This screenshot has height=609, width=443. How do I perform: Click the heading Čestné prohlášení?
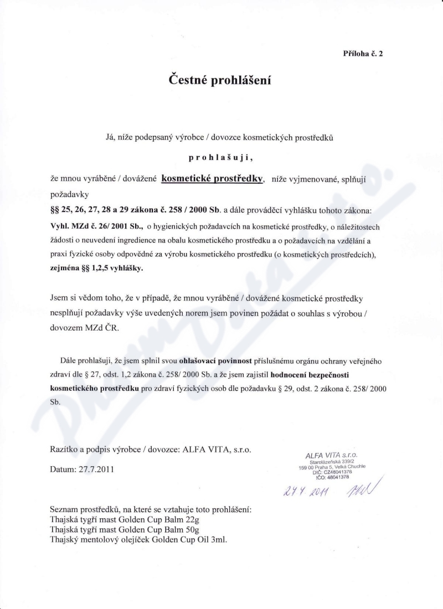pyautogui.click(x=220, y=80)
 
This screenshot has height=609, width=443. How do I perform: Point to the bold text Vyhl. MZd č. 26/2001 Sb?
pyautogui.click(x=97, y=226)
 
